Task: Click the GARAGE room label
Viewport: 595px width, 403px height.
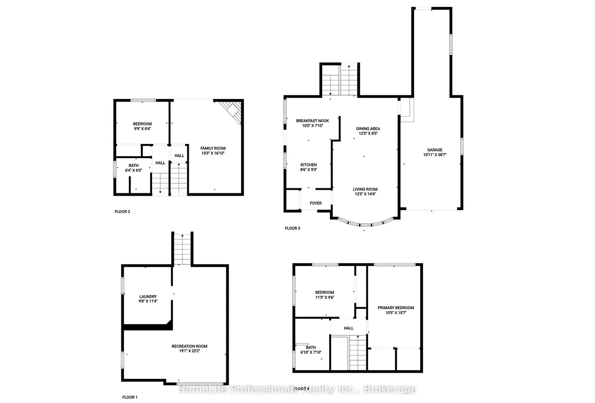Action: point(435,150)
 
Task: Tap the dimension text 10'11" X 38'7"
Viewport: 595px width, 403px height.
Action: point(435,155)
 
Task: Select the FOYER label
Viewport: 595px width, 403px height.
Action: point(316,203)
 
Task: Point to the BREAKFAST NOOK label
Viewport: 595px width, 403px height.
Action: point(312,120)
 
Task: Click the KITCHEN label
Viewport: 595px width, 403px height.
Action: point(308,165)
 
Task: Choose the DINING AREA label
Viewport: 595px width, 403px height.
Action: point(368,129)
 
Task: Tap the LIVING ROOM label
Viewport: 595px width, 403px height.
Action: point(365,189)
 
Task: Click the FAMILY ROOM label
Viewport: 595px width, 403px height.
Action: point(213,148)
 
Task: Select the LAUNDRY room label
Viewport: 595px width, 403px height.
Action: point(148,297)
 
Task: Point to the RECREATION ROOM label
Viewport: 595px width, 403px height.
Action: point(189,346)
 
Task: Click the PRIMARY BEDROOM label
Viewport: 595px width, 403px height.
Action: point(396,308)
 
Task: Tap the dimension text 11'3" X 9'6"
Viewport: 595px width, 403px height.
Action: point(324,297)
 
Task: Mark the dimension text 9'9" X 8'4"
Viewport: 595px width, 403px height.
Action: point(142,129)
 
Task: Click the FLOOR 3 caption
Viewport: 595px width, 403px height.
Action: point(292,228)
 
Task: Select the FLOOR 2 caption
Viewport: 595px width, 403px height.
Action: point(122,211)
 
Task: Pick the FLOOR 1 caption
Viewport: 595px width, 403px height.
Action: point(130,397)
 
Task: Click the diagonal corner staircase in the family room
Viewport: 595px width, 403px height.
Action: point(231,112)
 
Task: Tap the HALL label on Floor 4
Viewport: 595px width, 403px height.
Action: point(349,328)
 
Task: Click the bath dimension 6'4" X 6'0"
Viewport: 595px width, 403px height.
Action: point(133,170)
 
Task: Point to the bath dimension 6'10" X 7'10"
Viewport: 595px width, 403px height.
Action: point(311,352)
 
